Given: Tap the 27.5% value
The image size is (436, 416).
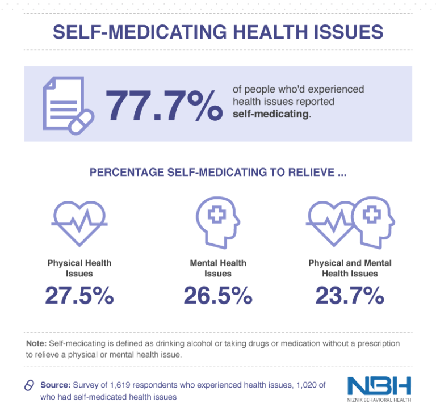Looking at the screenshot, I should coord(79,296).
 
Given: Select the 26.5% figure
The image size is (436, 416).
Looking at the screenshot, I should coord(218,296).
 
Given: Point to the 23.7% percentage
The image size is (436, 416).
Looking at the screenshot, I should coord(350,296).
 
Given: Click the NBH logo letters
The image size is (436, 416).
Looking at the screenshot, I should coord(379,386).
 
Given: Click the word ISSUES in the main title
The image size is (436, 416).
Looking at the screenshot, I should coord(347,31).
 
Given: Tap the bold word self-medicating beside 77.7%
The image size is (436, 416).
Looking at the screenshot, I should coord(271,114).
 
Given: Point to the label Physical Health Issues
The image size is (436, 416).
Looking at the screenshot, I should coord(79,268).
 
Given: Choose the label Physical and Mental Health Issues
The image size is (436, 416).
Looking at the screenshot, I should coord(350,268).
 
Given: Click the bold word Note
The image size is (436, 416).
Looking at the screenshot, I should coord(36,344).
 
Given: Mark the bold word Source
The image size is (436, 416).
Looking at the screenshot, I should coord(55,385).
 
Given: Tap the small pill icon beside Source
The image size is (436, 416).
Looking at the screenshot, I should coord(30,385).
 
